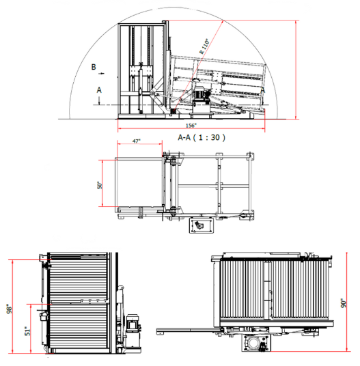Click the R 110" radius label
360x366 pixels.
(204, 46)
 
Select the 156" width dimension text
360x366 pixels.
(191, 126)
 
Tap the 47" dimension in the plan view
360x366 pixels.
(137, 141)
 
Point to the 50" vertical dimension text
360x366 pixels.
(100, 185)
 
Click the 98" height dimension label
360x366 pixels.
(9, 309)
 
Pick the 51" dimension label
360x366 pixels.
(27, 331)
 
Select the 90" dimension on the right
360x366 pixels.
(344, 303)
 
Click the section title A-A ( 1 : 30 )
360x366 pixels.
(202, 137)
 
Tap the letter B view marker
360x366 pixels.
(94, 67)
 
